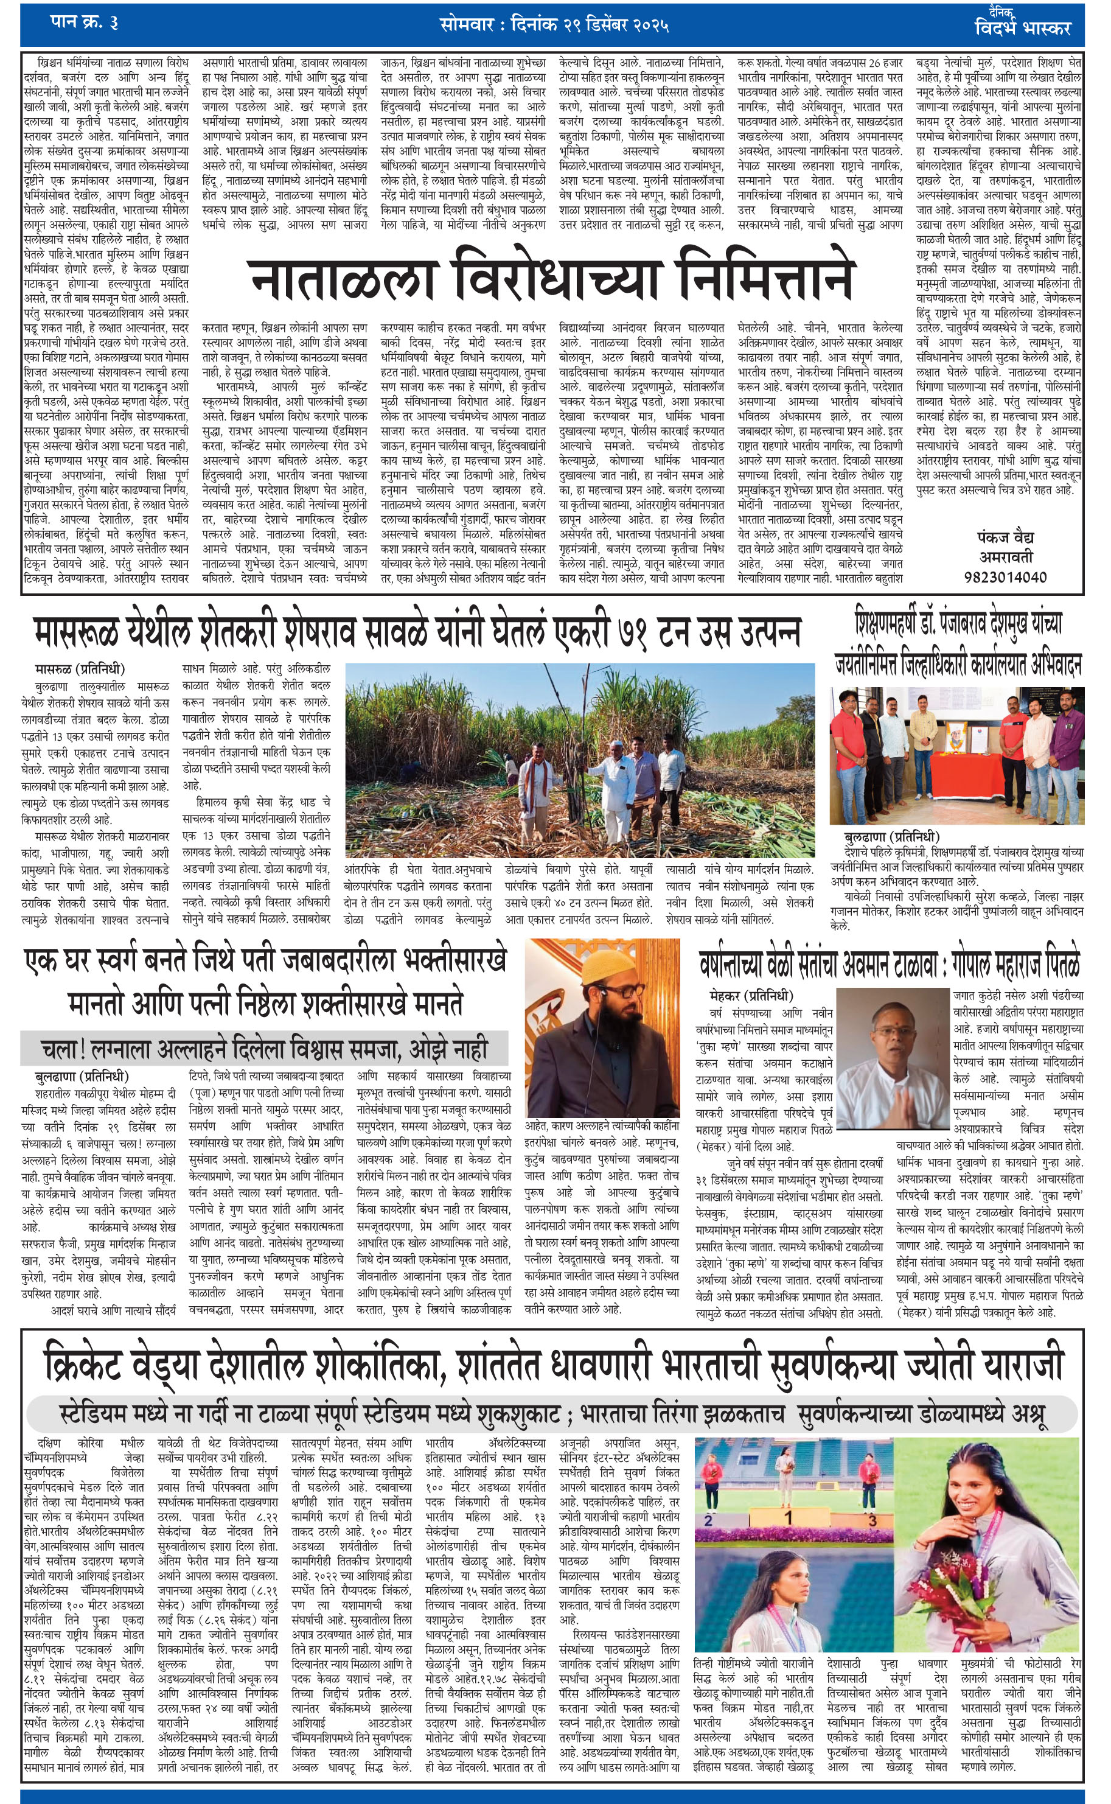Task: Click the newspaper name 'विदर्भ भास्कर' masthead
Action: [x=1022, y=29]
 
